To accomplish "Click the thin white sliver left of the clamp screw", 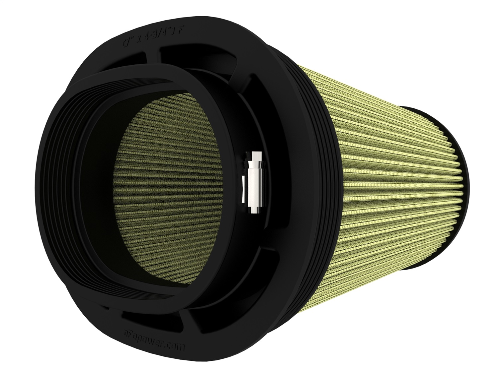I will [x=243, y=186].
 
